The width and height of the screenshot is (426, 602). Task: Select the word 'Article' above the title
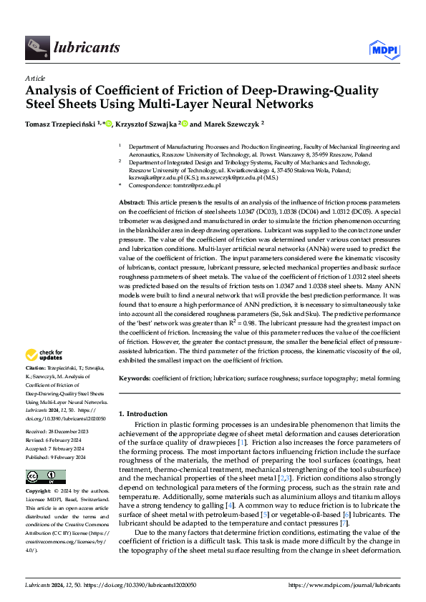(x=35, y=78)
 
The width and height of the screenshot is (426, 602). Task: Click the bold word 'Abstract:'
(x=132, y=204)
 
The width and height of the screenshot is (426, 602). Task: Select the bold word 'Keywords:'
(x=135, y=377)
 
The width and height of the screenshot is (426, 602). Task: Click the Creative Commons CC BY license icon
(x=42, y=477)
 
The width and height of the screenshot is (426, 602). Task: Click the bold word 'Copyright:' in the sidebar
(x=39, y=492)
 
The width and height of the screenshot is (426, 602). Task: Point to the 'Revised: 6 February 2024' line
(x=58, y=440)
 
